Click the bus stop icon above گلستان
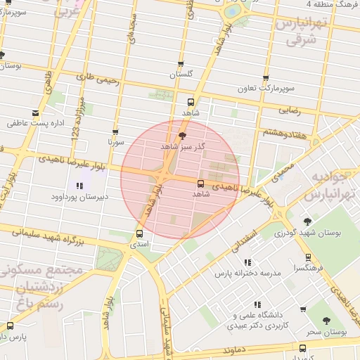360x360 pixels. pyautogui.click(x=181, y=64)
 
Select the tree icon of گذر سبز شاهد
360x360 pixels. pyautogui.click(x=184, y=136)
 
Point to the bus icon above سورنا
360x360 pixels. pyautogui.click(x=116, y=131)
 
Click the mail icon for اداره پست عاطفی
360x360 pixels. pyautogui.click(x=35, y=112)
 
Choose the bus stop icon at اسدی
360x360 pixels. pyautogui.click(x=139, y=233)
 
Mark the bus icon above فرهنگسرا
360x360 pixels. pyautogui.click(x=309, y=257)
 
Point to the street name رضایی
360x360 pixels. pyautogui.click(x=291, y=110)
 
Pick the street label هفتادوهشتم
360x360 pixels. pyautogui.click(x=285, y=132)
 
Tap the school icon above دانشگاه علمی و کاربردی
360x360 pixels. pyautogui.click(x=257, y=304)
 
